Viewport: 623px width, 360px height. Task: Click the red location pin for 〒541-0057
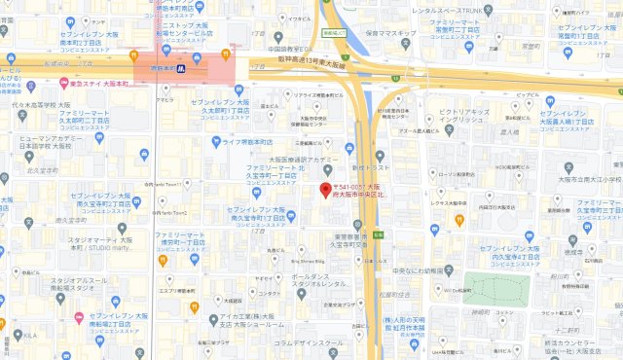click(326, 188)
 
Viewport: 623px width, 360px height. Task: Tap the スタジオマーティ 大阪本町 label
click(101, 242)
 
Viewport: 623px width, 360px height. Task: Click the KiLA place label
click(29, 336)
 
